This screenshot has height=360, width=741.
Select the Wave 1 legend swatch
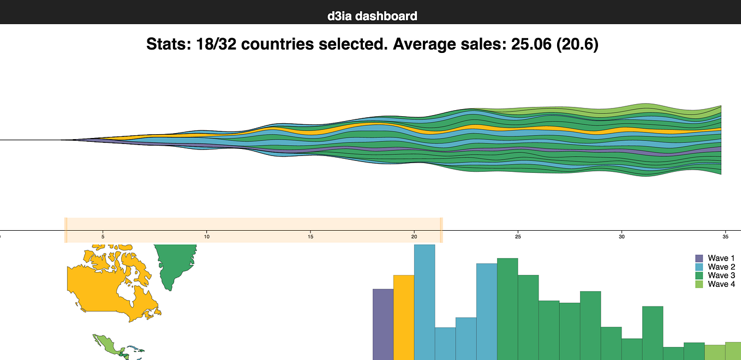[699, 258]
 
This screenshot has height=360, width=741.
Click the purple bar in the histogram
[383, 325]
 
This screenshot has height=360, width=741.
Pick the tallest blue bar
[425, 303]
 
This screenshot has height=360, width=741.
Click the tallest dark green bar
[507, 309]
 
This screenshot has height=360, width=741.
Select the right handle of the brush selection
[441, 230]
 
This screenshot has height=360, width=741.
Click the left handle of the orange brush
[66, 230]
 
